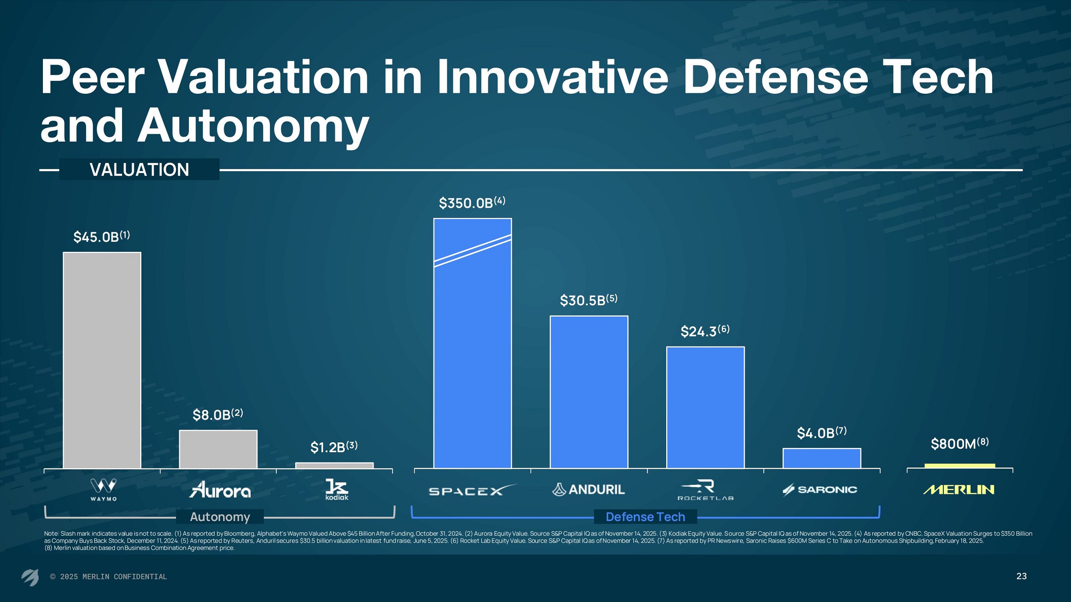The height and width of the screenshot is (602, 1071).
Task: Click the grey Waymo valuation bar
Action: [102, 360]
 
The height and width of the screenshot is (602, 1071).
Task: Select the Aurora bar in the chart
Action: [218, 449]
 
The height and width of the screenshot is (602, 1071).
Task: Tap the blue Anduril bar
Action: [589, 392]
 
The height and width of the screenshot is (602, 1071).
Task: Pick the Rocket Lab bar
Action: [705, 407]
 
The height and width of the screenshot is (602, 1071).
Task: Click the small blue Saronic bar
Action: [822, 458]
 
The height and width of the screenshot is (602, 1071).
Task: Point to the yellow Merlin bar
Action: [960, 466]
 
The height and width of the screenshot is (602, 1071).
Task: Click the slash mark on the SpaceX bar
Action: [473, 251]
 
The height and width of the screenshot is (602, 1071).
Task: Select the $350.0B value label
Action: [472, 203]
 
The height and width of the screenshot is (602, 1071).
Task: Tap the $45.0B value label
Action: [102, 236]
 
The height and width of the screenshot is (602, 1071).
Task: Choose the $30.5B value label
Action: [588, 300]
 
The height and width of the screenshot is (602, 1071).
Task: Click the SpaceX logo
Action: [472, 490]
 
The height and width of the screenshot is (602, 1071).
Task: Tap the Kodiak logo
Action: [337, 489]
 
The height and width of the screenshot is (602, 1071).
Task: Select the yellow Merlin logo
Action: [959, 489]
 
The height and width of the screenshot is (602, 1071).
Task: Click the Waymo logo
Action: [103, 489]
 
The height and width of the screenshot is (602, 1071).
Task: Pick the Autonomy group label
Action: [220, 517]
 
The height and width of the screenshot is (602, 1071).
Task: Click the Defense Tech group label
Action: [645, 517]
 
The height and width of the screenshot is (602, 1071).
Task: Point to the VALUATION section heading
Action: [139, 170]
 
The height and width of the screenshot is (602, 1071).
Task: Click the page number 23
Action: [1021, 576]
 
